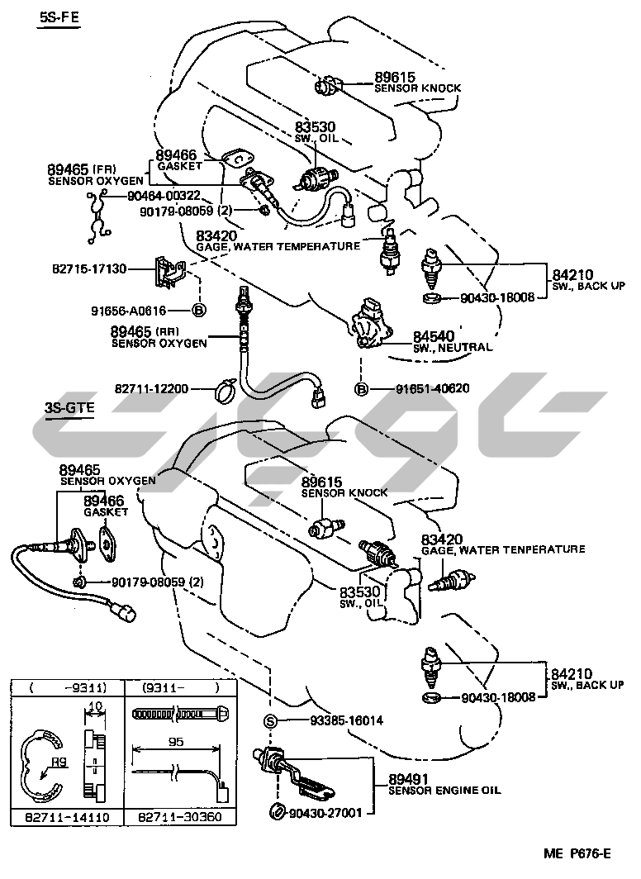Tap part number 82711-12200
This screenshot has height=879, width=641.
(x=152, y=387)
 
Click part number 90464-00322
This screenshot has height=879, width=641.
(x=164, y=195)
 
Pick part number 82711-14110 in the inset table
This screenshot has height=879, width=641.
(x=65, y=817)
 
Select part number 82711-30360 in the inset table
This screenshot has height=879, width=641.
(x=178, y=817)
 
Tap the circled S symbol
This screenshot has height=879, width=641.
(x=269, y=720)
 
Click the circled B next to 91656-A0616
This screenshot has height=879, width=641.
(x=198, y=311)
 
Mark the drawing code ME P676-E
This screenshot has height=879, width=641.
(x=577, y=853)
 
